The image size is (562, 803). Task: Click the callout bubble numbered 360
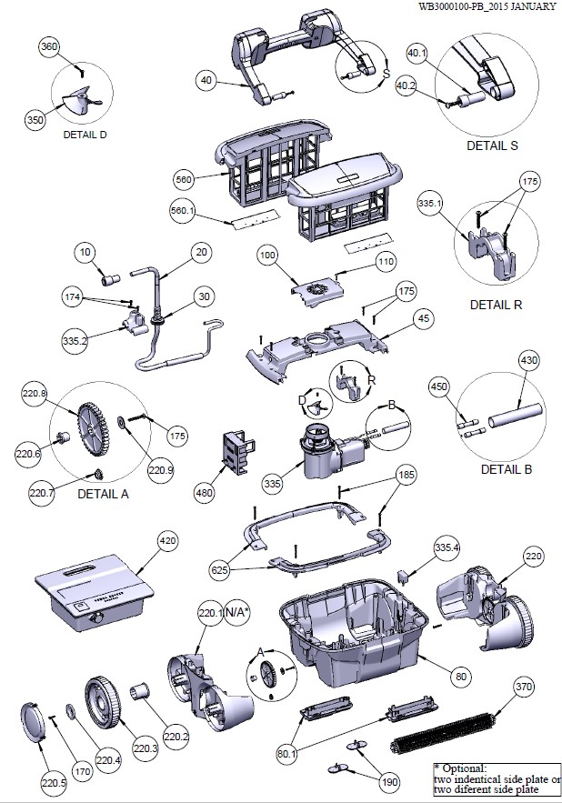50,46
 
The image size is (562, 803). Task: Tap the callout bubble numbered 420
166,540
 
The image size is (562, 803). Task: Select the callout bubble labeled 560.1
183,211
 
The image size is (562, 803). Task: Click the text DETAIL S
494,145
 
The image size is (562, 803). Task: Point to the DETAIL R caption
496,304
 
